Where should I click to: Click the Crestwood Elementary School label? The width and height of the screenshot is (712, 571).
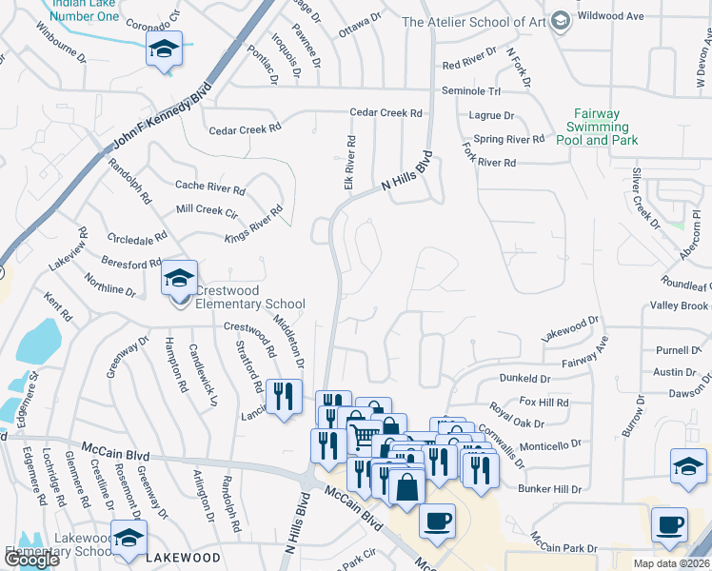(x=237, y=298)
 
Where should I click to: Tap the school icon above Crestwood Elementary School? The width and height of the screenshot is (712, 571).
(x=178, y=279)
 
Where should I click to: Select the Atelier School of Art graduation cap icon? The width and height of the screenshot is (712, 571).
(x=561, y=21)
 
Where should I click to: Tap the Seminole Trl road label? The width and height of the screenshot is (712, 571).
(x=470, y=90)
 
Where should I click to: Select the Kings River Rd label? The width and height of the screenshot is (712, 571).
(x=254, y=225)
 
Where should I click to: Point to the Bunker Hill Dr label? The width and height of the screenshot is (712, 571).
(x=549, y=489)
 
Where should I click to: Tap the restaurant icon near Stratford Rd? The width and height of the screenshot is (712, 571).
(x=284, y=395)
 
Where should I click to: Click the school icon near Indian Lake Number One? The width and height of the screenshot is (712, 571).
(x=164, y=49)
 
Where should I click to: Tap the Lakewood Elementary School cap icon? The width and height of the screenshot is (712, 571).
(x=129, y=539)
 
